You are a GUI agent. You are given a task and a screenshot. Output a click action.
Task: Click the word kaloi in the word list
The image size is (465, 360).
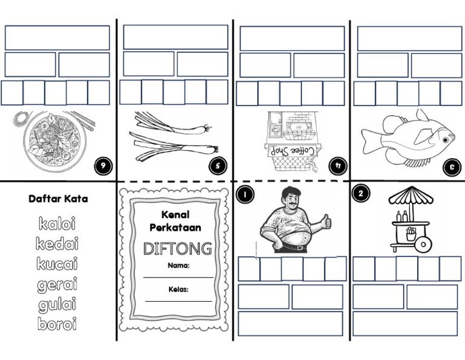[x=57, y=225]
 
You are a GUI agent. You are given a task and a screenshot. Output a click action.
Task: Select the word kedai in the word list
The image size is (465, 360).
[x=57, y=245]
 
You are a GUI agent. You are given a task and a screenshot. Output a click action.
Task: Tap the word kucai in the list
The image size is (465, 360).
[x=57, y=265]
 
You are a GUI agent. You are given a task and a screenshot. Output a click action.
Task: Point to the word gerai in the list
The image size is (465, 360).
[x=57, y=284]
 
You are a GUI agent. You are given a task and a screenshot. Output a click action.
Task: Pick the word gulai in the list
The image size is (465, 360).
[x=57, y=304]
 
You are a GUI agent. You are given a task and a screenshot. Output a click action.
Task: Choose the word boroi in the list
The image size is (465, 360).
[x=57, y=324]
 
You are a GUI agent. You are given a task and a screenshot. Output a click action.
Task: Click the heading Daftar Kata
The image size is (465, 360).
[x=58, y=198]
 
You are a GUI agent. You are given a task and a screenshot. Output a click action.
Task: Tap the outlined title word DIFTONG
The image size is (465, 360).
[x=177, y=249]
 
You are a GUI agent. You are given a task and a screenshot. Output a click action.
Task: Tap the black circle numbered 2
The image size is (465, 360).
[x=361, y=194]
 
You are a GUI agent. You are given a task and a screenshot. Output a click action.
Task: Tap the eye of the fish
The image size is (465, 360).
[x=446, y=140]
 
